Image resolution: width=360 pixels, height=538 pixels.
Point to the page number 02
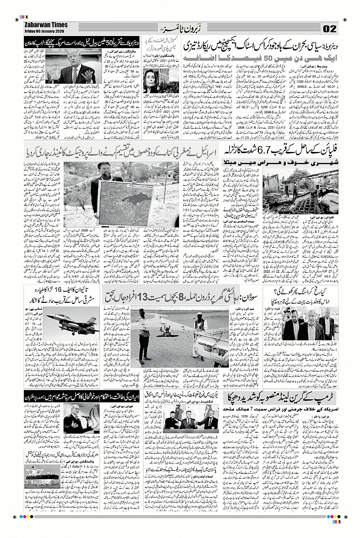point(329,28)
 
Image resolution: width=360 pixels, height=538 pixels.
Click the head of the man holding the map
point(104,168)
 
